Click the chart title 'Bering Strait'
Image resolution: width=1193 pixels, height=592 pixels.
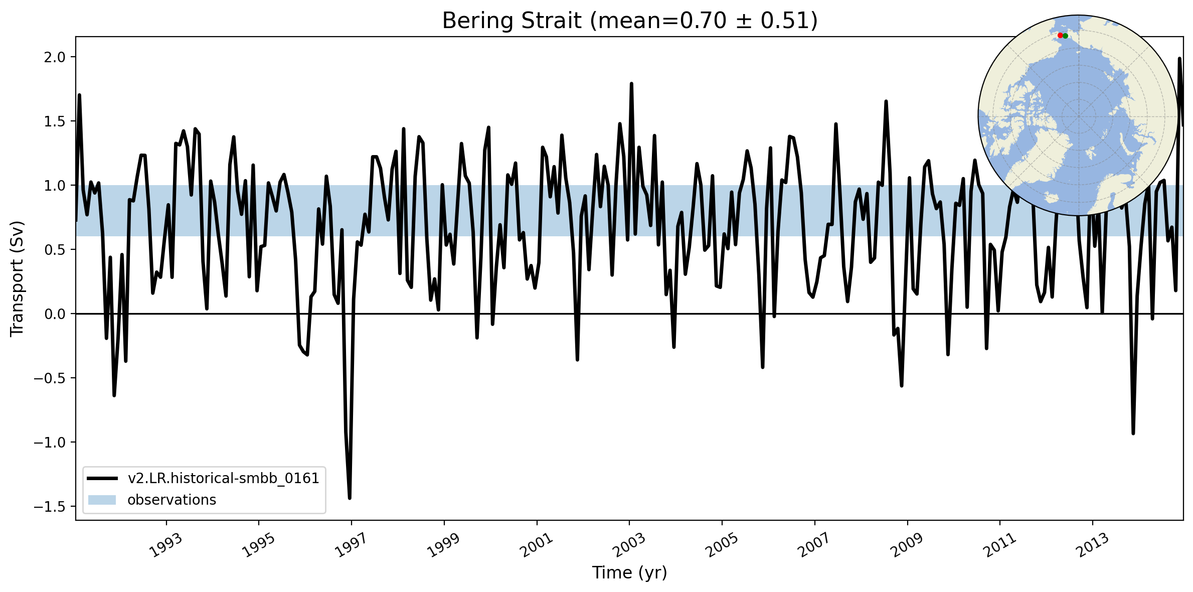[x=512, y=21]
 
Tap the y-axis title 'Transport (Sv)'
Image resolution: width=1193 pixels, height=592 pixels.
[x=17, y=278]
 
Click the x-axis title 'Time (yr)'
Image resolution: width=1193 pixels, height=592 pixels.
[x=629, y=573]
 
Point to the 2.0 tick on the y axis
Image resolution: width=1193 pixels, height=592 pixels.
[x=55, y=57]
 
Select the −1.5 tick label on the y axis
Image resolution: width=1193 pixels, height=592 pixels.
[x=50, y=507]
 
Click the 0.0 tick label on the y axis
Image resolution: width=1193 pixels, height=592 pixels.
[x=55, y=314]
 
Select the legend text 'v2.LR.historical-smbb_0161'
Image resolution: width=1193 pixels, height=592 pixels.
[x=223, y=479]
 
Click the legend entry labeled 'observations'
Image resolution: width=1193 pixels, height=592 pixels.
[x=172, y=500]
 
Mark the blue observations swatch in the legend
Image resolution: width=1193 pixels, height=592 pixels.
[x=102, y=500]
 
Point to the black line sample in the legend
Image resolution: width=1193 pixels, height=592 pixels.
[x=102, y=479]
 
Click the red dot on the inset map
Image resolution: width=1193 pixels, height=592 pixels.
[x=1060, y=36]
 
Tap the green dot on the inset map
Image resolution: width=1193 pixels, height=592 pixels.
[x=1065, y=36]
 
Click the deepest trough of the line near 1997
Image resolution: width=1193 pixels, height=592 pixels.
[x=350, y=498]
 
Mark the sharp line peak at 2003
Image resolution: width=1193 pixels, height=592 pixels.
[x=631, y=84]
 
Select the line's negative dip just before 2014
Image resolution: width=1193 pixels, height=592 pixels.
[x=1133, y=433]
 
